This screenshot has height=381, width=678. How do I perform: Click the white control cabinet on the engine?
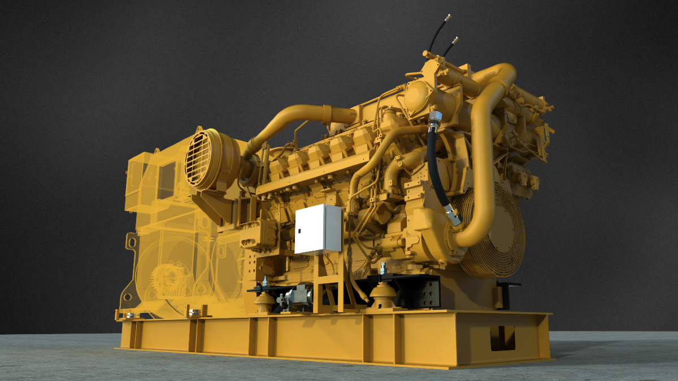pos(317,229)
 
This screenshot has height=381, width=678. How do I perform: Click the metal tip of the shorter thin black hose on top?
pos(455,40)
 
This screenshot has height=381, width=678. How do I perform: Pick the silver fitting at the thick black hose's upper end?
pos(435,119)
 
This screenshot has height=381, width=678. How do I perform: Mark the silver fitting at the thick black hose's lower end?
pos(452,214)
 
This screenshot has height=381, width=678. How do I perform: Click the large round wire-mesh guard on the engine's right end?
pos(497,231)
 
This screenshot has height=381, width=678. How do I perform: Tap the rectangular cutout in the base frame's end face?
pos(502,338)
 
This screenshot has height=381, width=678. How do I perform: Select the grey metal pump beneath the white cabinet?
pos(298,296)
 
